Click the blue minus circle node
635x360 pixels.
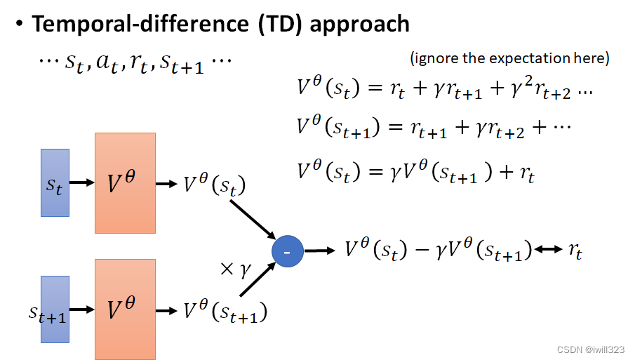[x=288, y=251]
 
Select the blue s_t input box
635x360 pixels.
[x=55, y=182]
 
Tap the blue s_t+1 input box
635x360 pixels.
[x=55, y=309]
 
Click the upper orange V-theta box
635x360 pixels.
[x=125, y=183]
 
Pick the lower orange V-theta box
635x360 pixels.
[x=125, y=309]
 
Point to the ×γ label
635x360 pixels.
[x=236, y=269]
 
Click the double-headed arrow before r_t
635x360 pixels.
[x=548, y=249]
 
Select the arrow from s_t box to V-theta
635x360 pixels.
[x=82, y=182]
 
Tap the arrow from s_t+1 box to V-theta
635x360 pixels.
[x=82, y=309]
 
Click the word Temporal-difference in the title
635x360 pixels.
[x=140, y=23]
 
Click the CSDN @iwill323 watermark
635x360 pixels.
[x=591, y=349]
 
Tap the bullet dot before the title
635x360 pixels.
[x=20, y=23]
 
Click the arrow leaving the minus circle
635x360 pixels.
[x=319, y=251]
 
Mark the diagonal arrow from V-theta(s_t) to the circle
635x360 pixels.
[x=253, y=220]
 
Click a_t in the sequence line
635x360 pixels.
[x=107, y=63]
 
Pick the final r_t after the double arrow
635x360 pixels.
[x=575, y=251]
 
